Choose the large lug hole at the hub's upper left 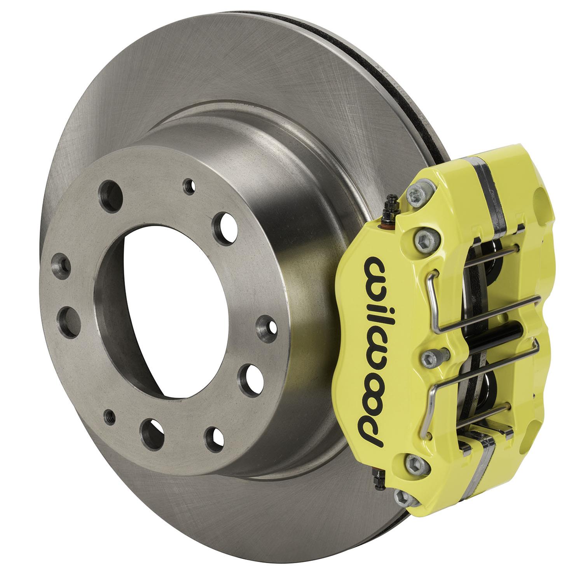point(108,191)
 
